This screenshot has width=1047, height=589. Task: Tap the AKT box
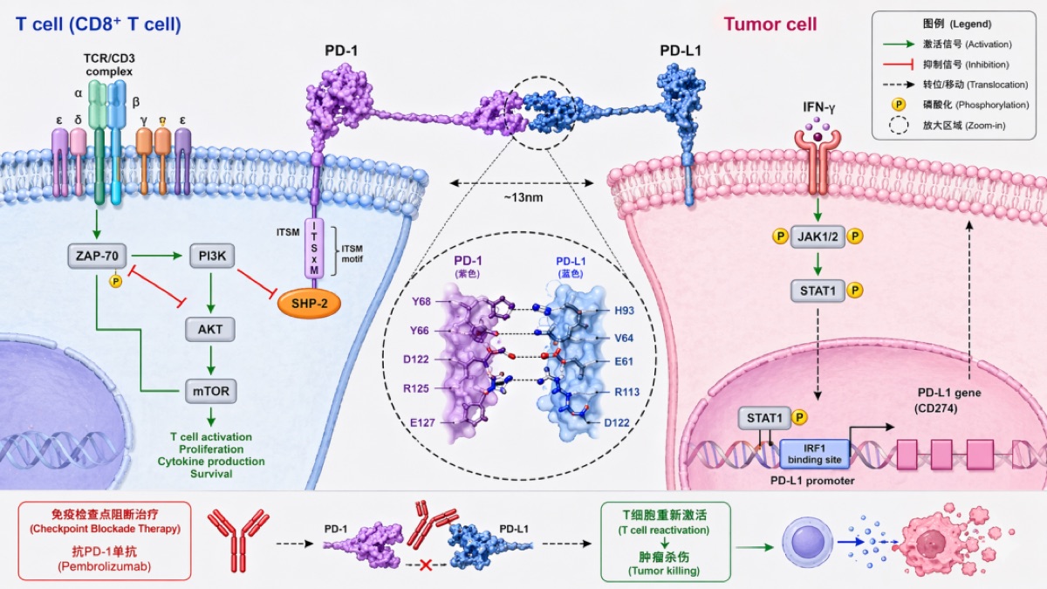coord(209,328)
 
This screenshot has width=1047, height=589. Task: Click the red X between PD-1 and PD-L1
coord(428,565)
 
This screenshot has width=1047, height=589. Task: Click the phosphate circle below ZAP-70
coord(114,281)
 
